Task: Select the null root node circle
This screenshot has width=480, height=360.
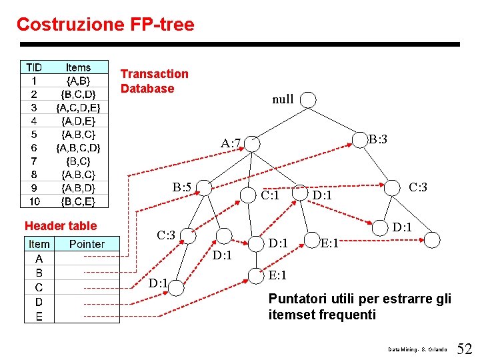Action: pyautogui.click(x=308, y=99)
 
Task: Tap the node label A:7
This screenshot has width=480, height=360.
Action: pyautogui.click(x=231, y=143)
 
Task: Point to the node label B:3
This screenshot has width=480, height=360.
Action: pyautogui.click(x=378, y=139)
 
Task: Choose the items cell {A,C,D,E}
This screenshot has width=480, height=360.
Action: pyautogui.click(x=78, y=107)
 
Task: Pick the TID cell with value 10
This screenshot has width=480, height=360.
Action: pyautogui.click(x=34, y=201)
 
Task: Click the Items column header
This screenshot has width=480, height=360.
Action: pyautogui.click(x=78, y=67)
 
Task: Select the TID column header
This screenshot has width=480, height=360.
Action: pyautogui.click(x=34, y=67)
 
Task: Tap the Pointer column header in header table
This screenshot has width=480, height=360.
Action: pyautogui.click(x=86, y=244)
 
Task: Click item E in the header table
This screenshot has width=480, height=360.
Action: pyautogui.click(x=39, y=317)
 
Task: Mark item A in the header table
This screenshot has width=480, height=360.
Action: pyautogui.click(x=39, y=259)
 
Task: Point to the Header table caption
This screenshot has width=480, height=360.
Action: pyautogui.click(x=61, y=226)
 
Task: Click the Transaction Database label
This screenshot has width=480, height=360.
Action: pyautogui.click(x=154, y=81)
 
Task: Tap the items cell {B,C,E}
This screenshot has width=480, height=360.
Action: pyautogui.click(x=78, y=201)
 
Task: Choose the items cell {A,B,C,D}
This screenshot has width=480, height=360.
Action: pyautogui.click(x=78, y=147)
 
